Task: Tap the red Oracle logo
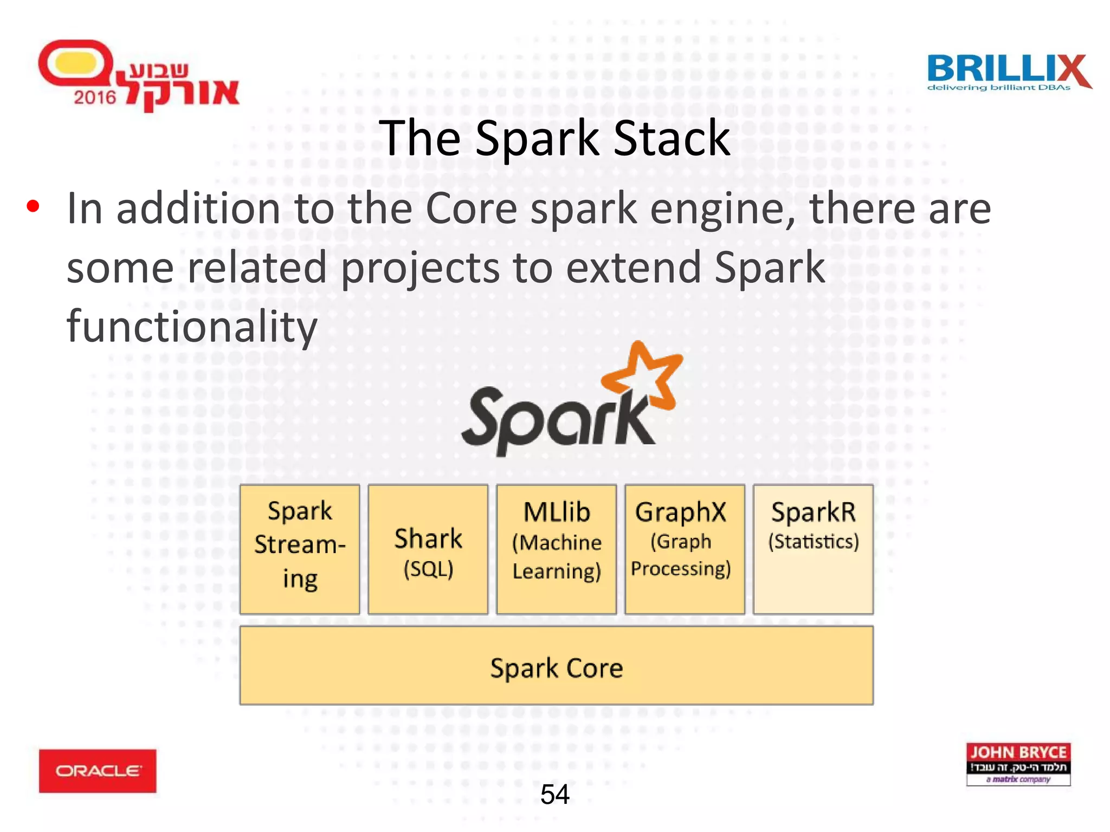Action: (98, 771)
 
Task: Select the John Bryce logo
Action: (1018, 764)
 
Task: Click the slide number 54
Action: (554, 795)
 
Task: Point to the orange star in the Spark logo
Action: (645, 376)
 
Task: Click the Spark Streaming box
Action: (300, 549)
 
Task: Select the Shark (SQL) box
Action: (428, 549)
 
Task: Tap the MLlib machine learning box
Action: (557, 549)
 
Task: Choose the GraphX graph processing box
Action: (685, 549)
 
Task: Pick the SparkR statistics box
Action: (813, 549)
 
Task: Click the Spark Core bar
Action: (556, 666)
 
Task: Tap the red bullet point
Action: (33, 206)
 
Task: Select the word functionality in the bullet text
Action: (191, 326)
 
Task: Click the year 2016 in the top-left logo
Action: (95, 97)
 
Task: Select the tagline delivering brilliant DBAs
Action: (998, 88)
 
